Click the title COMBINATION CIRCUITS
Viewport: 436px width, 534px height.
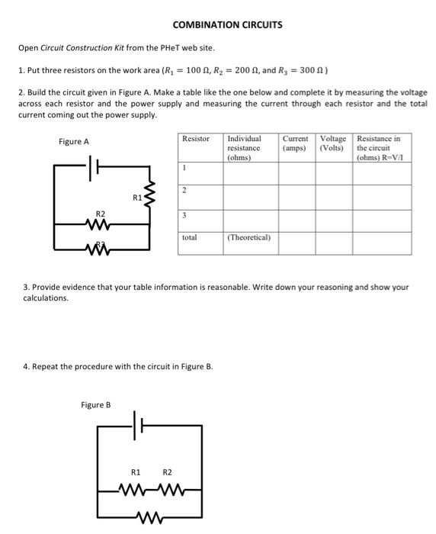point(227,24)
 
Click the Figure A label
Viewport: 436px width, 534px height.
point(74,142)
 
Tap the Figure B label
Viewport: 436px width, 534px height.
point(95,404)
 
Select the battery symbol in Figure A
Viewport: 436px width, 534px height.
point(94,167)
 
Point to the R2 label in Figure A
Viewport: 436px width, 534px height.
point(100,214)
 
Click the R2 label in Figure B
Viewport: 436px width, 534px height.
point(168,473)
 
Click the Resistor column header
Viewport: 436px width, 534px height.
point(196,139)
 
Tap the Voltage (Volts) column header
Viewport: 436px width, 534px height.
point(333,143)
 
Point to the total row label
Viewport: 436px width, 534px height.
point(190,237)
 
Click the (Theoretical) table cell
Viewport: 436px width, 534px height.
point(249,237)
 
